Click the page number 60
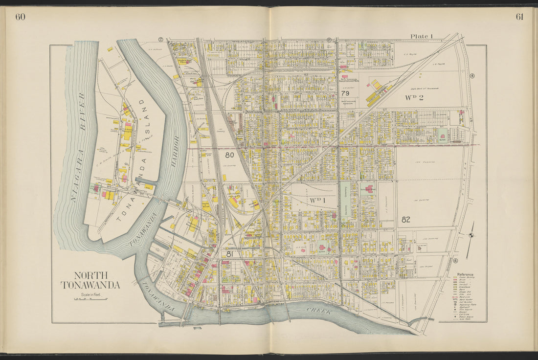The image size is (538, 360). click(x=20, y=17)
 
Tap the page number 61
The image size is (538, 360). click(x=519, y=17)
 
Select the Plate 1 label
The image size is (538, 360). click(x=422, y=36)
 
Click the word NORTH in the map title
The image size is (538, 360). click(x=91, y=275)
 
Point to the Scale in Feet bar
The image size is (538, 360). click(x=91, y=298)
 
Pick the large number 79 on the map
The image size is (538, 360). click(x=345, y=93)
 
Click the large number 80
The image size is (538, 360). click(x=229, y=155)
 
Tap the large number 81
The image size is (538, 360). click(x=229, y=254)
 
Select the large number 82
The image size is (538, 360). click(x=405, y=220)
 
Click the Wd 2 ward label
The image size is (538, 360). click(x=414, y=97)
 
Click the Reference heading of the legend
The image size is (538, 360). click(x=465, y=274)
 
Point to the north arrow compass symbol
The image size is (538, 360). click(x=471, y=236)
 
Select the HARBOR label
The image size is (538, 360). click(x=176, y=152)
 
